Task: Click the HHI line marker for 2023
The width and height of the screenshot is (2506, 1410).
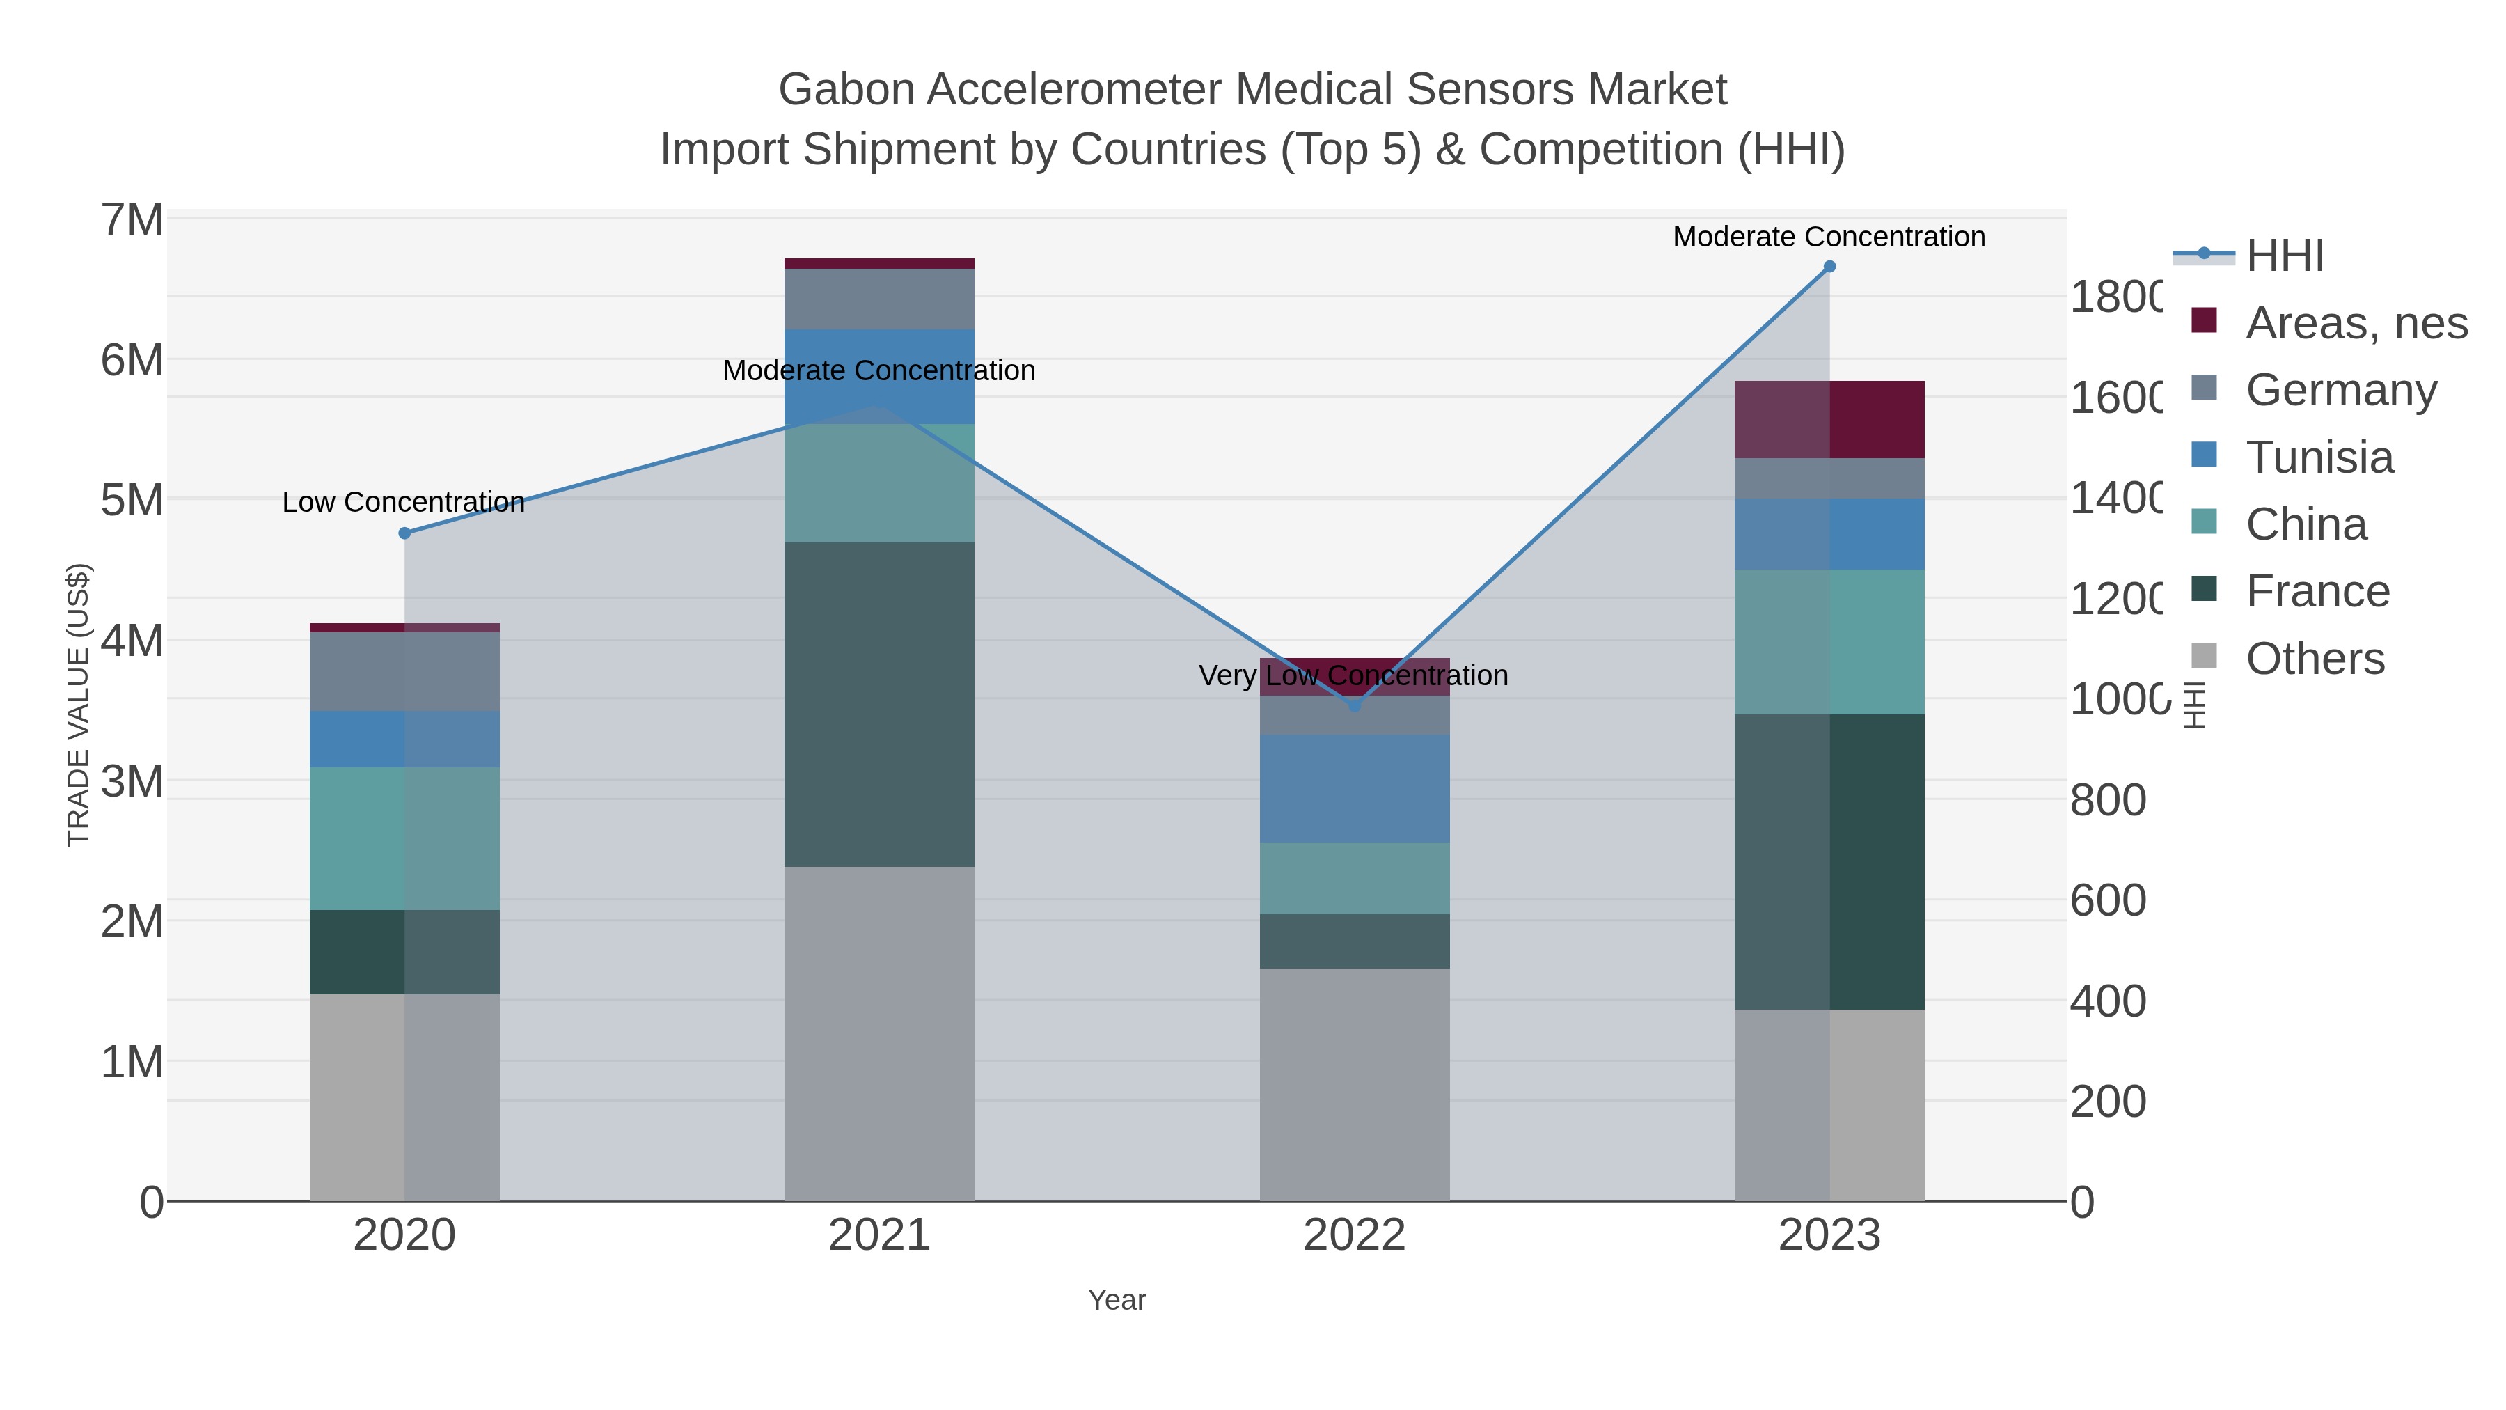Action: click(1829, 267)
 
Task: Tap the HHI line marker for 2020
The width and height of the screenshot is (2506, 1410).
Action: click(404, 533)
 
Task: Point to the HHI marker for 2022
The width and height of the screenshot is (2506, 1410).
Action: click(1354, 705)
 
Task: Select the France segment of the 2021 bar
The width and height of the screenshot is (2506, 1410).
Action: click(878, 705)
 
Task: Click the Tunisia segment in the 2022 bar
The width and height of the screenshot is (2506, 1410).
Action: click(1354, 788)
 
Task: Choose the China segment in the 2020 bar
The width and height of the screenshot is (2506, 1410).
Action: click(404, 839)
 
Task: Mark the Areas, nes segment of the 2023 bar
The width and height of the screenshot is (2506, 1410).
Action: click(1829, 419)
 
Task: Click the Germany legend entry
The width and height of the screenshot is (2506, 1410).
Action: click(2340, 390)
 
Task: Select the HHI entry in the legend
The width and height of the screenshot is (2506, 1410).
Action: click(2284, 256)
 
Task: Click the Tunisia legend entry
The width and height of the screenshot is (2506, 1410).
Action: click(2319, 457)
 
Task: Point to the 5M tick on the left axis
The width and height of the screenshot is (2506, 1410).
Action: click(132, 500)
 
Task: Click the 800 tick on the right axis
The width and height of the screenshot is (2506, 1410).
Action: click(2107, 800)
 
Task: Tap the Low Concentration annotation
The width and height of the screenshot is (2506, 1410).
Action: click(403, 502)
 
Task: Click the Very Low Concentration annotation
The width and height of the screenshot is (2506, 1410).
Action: click(1353, 675)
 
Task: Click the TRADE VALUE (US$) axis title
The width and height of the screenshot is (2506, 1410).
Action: click(79, 705)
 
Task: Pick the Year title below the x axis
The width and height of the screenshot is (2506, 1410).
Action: click(1117, 1300)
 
